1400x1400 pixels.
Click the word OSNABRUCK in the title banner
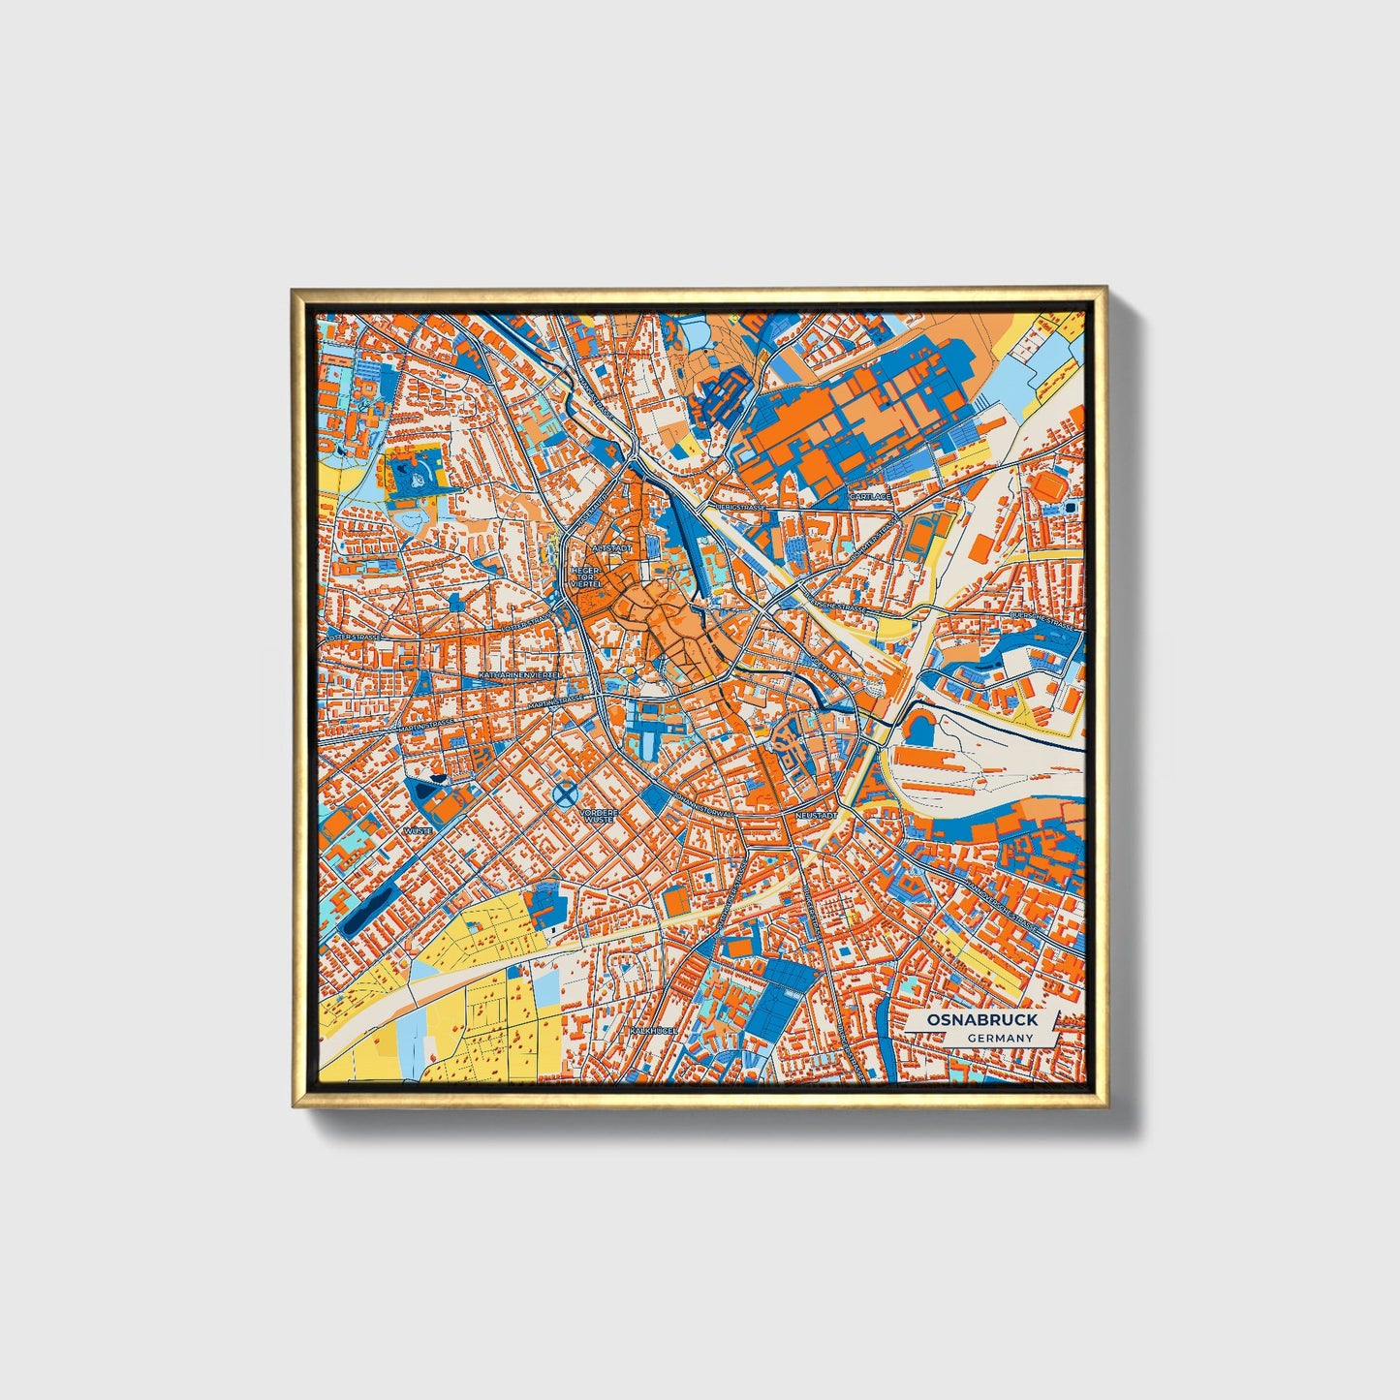pyautogui.click(x=981, y=1020)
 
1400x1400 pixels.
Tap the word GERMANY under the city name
pyautogui.click(x=1000, y=1039)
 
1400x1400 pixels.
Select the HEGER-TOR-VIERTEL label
pyautogui.click(x=587, y=577)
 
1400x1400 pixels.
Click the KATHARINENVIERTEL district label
pyautogui.click(x=520, y=672)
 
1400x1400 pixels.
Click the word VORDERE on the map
pyautogui.click(x=599, y=812)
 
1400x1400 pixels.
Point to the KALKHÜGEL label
pyautogui.click(x=652, y=1031)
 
